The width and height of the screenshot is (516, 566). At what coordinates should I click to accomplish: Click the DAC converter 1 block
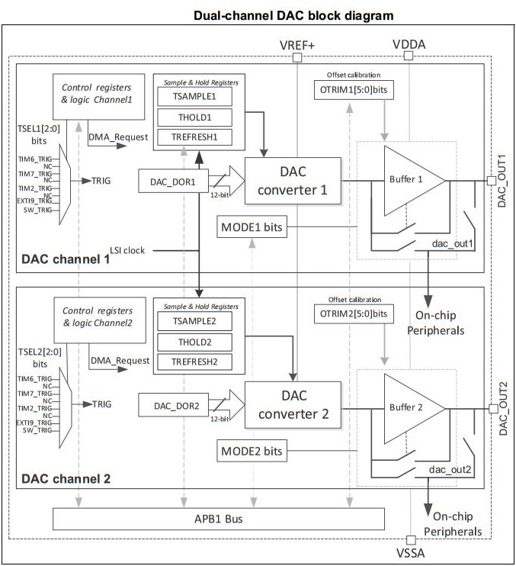point(291,180)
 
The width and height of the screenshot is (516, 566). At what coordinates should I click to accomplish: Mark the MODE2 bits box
point(252,451)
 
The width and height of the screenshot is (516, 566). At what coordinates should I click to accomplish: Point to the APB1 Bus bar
point(217,519)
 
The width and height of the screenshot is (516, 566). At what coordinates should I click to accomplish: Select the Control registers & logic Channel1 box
point(99,96)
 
